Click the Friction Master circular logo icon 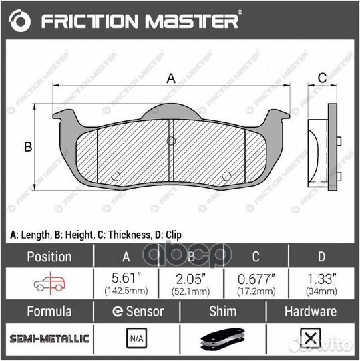coord(22,21)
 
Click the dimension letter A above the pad coord(171,78)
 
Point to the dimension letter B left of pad coord(28,147)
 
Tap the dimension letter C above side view coord(322,78)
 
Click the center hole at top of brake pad coord(171,140)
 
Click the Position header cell coord(48,257)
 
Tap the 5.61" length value coord(126,279)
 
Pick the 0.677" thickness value coord(256,279)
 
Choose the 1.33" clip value coord(321,279)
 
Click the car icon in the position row coord(49,283)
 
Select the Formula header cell coord(48,311)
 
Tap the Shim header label coord(223,311)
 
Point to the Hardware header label coord(311,311)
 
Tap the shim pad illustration coord(223,340)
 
